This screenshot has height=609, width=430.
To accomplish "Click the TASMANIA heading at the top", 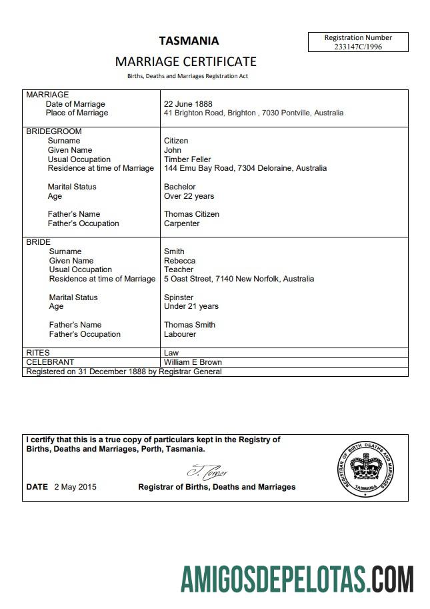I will pos(189,40).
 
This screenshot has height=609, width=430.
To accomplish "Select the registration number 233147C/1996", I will pos(358,47).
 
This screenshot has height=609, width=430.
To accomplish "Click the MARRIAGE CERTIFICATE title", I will pos(185,61).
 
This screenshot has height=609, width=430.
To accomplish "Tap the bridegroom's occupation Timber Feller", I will pos(187,159).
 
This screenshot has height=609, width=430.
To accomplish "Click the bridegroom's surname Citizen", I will pos(176,141).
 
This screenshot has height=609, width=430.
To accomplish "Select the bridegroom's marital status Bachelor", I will pos(180,187).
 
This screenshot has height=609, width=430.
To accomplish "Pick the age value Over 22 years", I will pos(189,196).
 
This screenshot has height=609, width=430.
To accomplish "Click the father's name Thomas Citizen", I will pos(191,214).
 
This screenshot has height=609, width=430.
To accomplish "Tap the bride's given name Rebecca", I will pos(179,261).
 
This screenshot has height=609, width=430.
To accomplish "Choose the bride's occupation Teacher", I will pos(178,269).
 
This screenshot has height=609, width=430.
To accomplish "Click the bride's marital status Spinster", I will pos(179,297).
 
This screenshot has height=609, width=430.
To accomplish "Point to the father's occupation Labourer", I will pos(180,334).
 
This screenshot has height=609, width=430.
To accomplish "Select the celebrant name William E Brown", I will pos(193,362).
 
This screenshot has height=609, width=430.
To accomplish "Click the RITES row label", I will pos(38,353).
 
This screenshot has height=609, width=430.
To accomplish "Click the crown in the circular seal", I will pos(364,466).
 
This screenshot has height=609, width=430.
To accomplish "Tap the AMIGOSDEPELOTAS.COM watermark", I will pos(297,578).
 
